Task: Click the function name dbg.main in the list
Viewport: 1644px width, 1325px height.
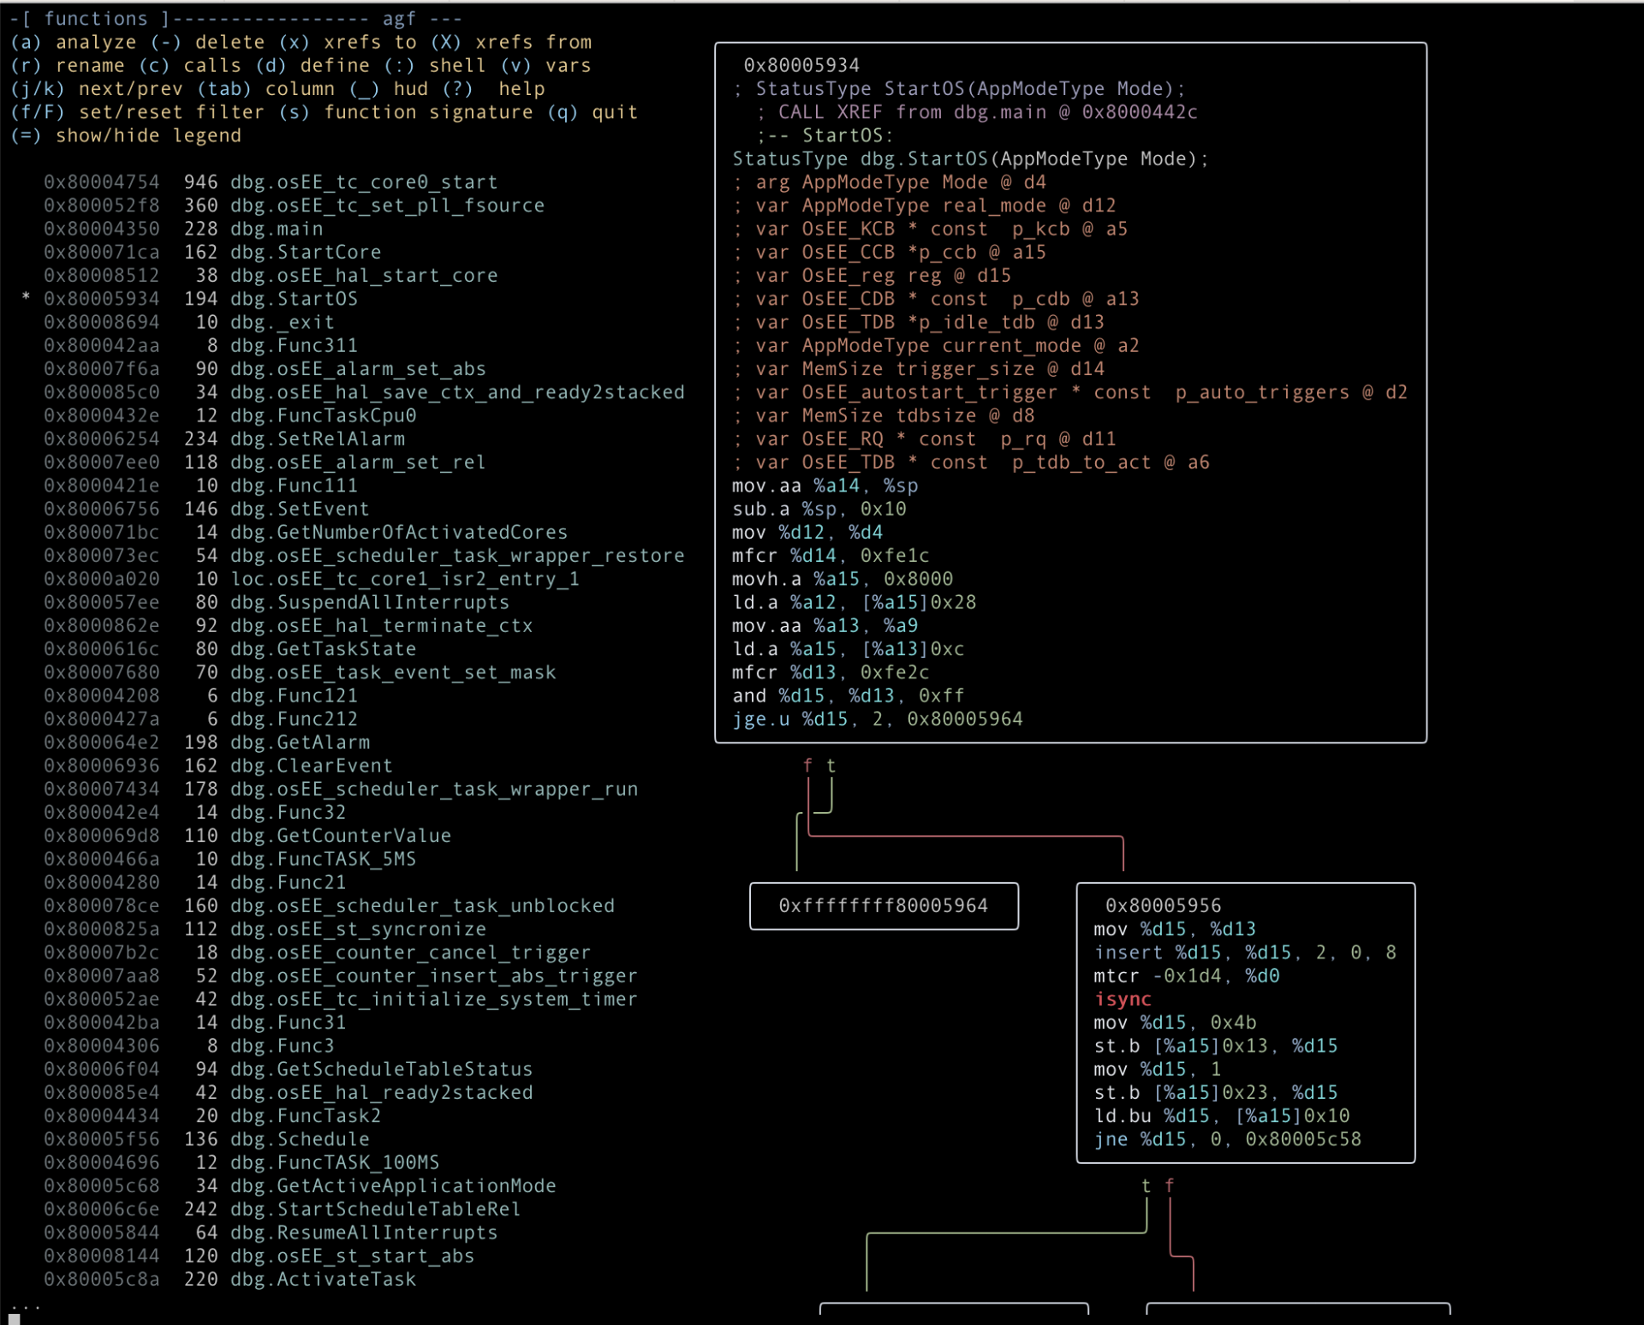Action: coord(277,229)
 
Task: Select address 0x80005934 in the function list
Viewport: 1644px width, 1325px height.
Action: coord(101,299)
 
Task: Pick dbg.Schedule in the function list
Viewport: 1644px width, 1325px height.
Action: coord(300,1139)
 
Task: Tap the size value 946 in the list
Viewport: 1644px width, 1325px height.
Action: coord(200,182)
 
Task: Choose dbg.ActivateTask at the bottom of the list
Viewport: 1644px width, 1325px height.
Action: coord(323,1279)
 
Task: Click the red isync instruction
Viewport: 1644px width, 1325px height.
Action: coord(1123,1000)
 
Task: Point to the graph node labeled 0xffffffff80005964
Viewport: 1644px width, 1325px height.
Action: coord(884,906)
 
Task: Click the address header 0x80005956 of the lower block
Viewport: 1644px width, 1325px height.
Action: coord(1163,906)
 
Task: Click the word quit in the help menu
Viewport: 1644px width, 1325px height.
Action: coord(615,112)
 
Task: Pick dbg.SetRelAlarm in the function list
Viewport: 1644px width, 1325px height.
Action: coord(317,439)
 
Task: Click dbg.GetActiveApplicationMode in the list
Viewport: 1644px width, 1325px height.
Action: coord(393,1186)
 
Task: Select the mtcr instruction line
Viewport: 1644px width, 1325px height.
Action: coord(1186,976)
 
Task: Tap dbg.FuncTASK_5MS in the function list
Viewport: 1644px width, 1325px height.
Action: coord(323,859)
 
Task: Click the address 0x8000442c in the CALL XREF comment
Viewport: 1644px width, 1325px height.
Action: coord(1140,112)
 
